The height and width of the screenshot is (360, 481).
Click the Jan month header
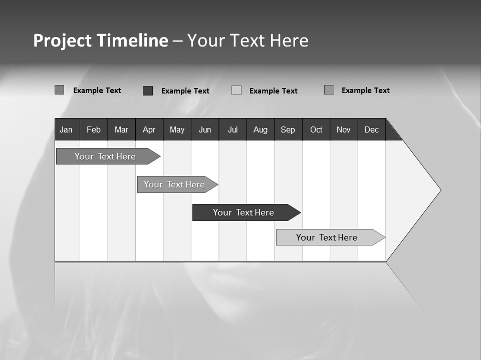[67, 129]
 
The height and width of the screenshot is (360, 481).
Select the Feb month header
[94, 129]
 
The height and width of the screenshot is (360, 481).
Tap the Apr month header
[149, 129]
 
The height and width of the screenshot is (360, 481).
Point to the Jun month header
[205, 129]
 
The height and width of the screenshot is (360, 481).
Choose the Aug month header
[260, 129]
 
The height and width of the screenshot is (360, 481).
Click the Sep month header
[288, 129]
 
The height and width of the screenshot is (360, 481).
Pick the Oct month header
[316, 129]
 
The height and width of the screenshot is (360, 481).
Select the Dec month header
[371, 129]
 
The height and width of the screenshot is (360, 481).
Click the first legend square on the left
[59, 90]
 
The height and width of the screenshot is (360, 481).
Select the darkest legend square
[148, 90]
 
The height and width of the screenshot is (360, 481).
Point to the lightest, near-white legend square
[236, 90]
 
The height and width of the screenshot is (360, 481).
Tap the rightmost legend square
[329, 90]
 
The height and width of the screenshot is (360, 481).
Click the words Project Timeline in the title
[100, 40]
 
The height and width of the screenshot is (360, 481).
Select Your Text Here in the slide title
[248, 40]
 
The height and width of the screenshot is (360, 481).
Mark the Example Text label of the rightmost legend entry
[365, 90]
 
